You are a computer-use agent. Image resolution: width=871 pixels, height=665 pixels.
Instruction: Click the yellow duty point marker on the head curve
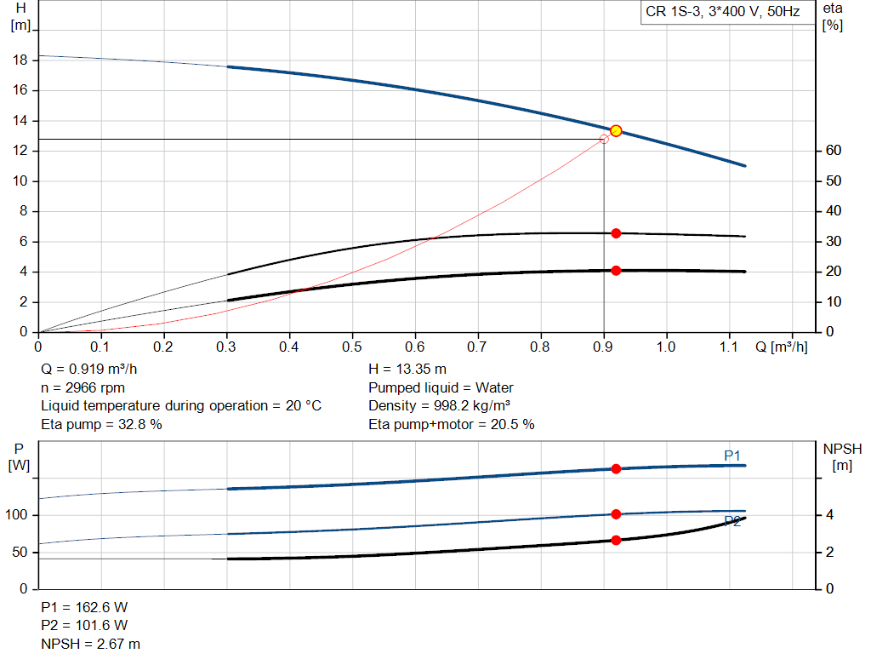pyautogui.click(x=616, y=130)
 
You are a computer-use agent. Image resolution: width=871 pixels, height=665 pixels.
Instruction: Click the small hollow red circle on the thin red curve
pyautogui.click(x=604, y=139)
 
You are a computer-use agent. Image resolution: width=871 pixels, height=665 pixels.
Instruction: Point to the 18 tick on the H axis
pyautogui.click(x=21, y=60)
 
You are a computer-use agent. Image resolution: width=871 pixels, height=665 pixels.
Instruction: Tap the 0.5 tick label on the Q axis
pyautogui.click(x=352, y=347)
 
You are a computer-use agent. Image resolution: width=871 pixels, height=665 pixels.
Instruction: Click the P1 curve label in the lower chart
pyautogui.click(x=732, y=456)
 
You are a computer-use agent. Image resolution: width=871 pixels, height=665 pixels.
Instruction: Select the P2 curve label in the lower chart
pyautogui.click(x=732, y=521)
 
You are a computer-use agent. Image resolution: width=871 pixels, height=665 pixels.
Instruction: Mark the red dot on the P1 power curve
pyautogui.click(x=616, y=469)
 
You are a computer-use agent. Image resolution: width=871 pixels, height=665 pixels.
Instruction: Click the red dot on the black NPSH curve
pyautogui.click(x=616, y=540)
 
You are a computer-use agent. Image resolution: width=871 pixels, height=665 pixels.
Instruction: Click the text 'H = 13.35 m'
pyautogui.click(x=407, y=370)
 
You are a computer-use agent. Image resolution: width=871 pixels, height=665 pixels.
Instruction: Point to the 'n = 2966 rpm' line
pyautogui.click(x=83, y=387)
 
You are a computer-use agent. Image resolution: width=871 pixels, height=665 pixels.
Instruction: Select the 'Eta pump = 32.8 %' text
pyautogui.click(x=101, y=424)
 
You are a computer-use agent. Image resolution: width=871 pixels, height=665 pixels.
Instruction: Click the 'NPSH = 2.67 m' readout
pyautogui.click(x=91, y=645)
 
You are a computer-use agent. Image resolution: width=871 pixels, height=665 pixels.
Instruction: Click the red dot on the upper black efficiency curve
pyautogui.click(x=616, y=233)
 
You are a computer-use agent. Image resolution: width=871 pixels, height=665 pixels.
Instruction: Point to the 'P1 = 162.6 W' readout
pyautogui.click(x=84, y=607)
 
